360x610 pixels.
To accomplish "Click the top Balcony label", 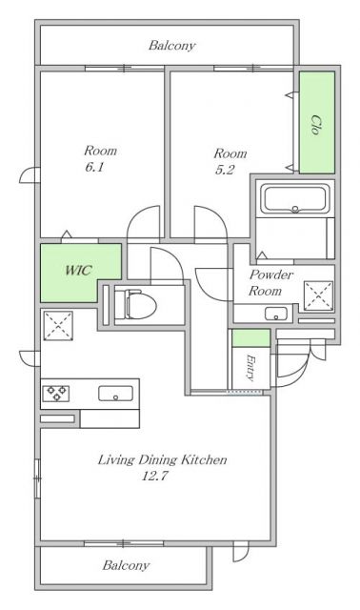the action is (171, 46).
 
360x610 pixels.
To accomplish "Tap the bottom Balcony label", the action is (126, 565).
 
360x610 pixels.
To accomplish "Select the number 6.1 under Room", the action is (94, 168).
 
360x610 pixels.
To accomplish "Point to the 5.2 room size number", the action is (225, 170).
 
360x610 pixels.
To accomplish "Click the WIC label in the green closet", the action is (78, 270).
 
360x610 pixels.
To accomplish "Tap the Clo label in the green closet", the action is (316, 125).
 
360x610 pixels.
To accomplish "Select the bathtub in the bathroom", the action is (295, 199).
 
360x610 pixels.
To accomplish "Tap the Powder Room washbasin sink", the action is (276, 314).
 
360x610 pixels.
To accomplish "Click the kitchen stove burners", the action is (56, 394).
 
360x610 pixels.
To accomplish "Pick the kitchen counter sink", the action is (115, 394).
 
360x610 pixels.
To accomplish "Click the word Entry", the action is (250, 367).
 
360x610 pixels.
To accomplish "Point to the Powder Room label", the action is (270, 283).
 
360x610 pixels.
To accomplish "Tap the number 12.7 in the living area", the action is (154, 477).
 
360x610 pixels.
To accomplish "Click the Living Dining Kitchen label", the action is (162, 459).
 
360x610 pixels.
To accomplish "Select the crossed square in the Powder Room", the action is (318, 295).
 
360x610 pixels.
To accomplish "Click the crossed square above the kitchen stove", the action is (58, 325).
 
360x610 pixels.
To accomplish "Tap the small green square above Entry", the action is (250, 337).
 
